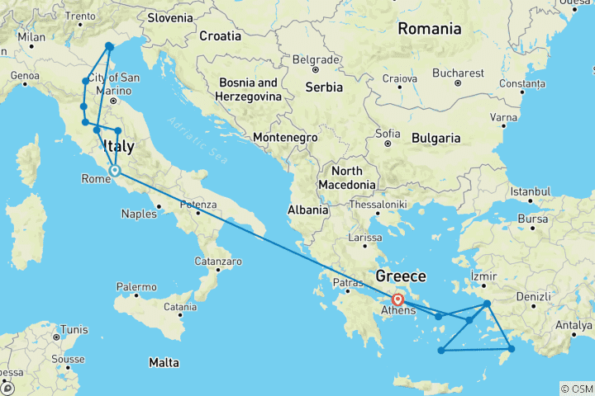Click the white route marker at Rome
[115, 172]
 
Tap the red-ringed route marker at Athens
[398, 300]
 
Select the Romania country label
[429, 29]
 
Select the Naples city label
[138, 214]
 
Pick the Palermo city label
[136, 287]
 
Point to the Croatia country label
[220, 36]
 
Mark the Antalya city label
[574, 325]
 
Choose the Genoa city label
[25, 77]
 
